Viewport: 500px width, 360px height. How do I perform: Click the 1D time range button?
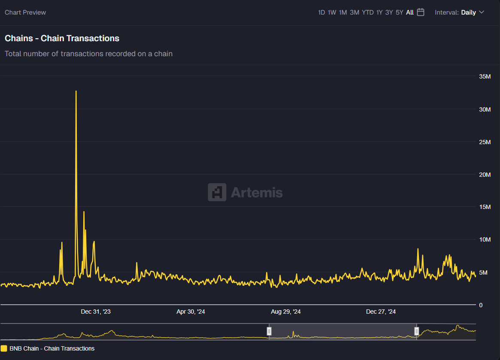tap(321, 12)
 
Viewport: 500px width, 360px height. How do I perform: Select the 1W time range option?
tap(332, 12)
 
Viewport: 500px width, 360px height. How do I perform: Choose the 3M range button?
tap(355, 12)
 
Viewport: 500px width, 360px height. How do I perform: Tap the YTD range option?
tap(368, 12)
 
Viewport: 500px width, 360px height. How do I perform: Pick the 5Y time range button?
tap(400, 12)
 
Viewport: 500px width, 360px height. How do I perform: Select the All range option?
tap(410, 12)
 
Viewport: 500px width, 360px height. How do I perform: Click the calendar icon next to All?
tap(421, 12)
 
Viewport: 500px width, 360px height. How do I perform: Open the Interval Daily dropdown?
tap(460, 12)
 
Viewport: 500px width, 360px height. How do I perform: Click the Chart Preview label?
tap(25, 12)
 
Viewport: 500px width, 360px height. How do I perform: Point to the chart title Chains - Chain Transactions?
tap(62, 38)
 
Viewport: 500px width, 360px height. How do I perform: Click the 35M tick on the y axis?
tap(485, 76)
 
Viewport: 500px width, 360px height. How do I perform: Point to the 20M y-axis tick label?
tap(485, 174)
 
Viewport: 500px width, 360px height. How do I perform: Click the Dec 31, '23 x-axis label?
tap(96, 312)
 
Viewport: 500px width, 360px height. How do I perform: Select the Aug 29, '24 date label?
tap(286, 312)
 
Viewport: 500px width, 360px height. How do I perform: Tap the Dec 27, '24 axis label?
tap(381, 312)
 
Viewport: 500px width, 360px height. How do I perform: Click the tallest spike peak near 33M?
tap(76, 91)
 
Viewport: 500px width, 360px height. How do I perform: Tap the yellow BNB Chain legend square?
tap(4, 348)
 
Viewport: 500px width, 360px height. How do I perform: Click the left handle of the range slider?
tap(269, 331)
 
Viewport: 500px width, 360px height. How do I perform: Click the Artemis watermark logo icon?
tap(217, 192)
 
